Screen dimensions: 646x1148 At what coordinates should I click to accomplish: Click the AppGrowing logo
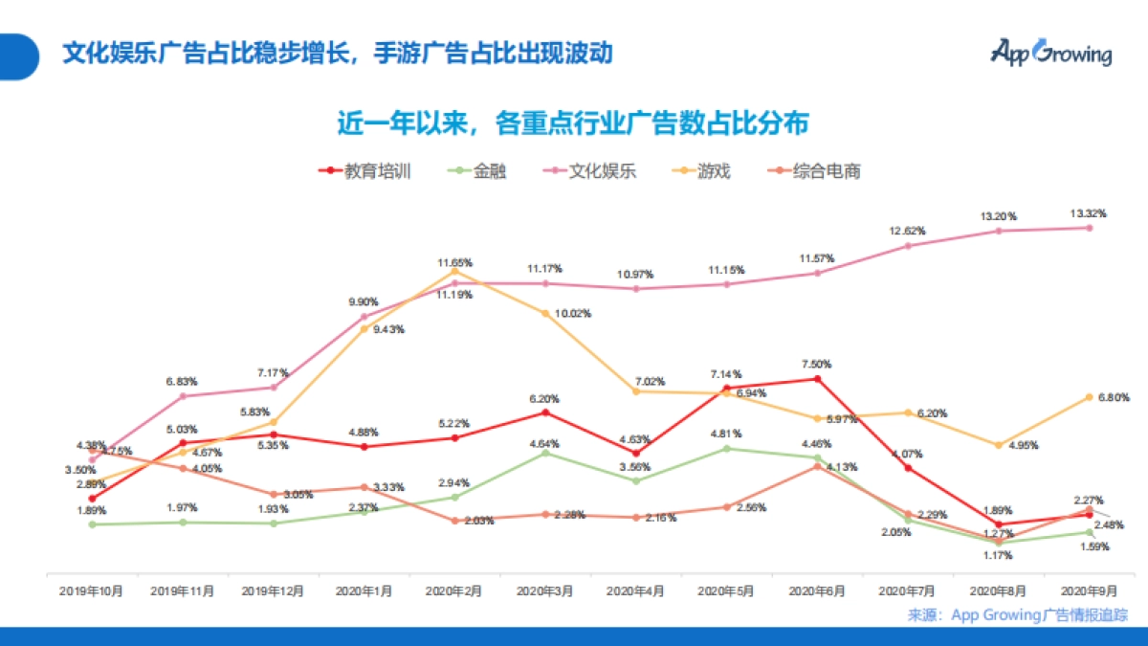point(1050,52)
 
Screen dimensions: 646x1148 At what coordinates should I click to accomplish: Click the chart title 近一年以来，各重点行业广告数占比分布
point(573,123)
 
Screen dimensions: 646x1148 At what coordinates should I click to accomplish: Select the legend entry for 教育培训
point(364,171)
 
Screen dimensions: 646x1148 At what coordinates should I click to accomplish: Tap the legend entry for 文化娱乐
point(588,171)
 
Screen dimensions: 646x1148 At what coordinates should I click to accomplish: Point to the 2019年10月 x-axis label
point(93,591)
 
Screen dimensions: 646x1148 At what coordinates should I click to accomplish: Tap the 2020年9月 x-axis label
point(1089,591)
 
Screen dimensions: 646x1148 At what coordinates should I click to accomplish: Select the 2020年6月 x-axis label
point(817,591)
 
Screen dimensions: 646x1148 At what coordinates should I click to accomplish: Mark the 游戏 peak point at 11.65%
point(454,272)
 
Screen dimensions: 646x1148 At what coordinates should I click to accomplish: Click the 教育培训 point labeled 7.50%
point(817,379)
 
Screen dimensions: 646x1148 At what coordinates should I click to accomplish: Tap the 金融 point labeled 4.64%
point(545,453)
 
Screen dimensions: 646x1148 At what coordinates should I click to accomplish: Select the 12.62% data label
point(908,230)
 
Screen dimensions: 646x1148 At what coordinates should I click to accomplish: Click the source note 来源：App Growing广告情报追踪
point(1018,614)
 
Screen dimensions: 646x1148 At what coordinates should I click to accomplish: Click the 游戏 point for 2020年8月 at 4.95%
point(999,445)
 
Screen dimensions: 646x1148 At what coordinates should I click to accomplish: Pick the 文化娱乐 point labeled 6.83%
point(183,396)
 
